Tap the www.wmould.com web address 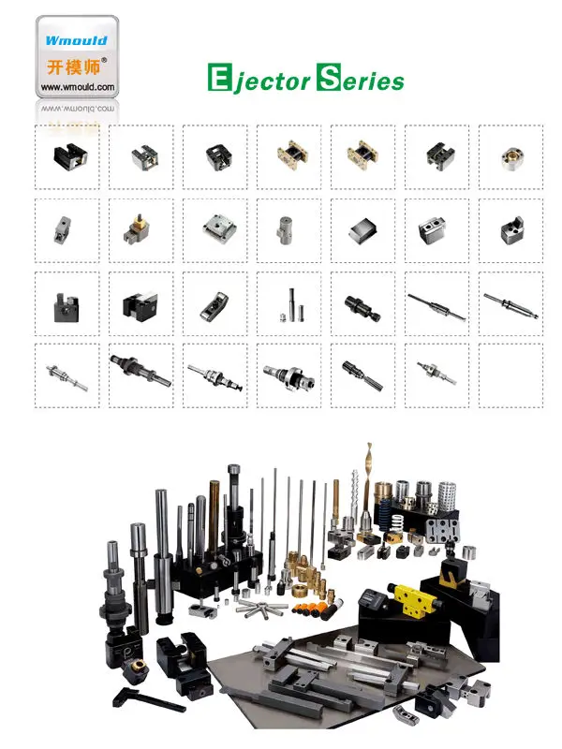coord(77,87)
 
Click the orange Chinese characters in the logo coord(71,66)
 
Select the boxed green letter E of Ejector coord(218,79)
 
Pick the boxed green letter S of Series coord(329,79)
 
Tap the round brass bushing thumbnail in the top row coord(510,154)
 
